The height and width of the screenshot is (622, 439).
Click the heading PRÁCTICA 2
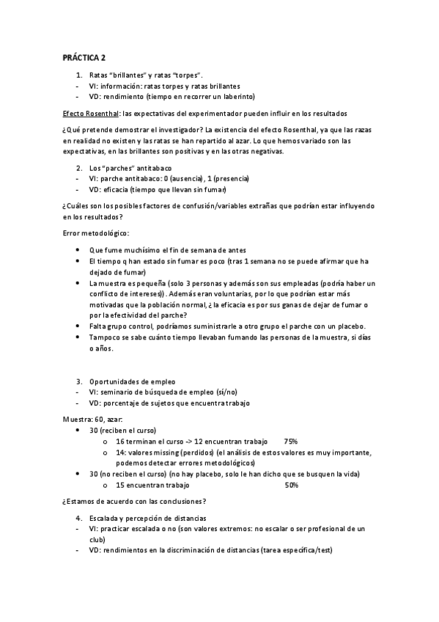tap(84, 58)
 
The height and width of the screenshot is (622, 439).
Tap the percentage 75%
tap(290, 442)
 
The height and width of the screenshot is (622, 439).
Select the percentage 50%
tap(290, 486)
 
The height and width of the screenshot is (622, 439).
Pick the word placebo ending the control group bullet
tap(350, 326)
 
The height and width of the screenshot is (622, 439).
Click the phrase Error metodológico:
tap(95, 233)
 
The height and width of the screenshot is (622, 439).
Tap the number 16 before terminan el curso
tap(121, 442)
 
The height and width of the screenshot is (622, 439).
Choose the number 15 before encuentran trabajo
tap(121, 486)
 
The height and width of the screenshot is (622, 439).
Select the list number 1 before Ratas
tap(79, 76)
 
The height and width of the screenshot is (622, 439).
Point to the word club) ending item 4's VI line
tap(97, 539)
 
